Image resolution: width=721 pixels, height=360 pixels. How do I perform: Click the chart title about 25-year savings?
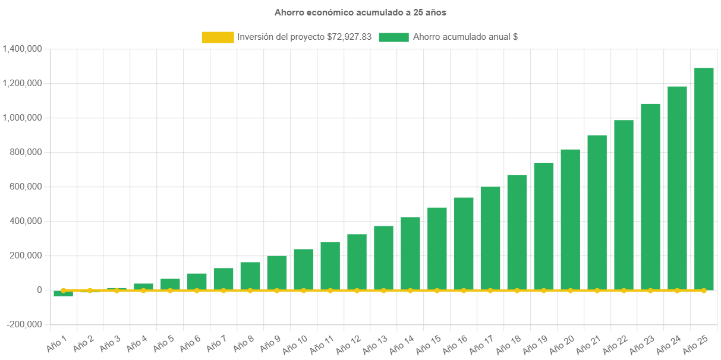(360, 12)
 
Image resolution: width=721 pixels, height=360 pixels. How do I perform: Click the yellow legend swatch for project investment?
(218, 37)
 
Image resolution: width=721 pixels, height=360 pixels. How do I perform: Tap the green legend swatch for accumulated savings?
(393, 37)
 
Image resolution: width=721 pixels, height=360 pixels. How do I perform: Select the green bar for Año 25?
(704, 178)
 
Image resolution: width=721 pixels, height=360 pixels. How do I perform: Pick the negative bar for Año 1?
(63, 293)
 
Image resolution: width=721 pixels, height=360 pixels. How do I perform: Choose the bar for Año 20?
(571, 219)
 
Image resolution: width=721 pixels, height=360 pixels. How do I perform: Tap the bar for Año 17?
(490, 238)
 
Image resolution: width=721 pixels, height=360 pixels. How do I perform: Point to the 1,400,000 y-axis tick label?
(22, 49)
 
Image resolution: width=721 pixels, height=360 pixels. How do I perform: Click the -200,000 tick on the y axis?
(25, 324)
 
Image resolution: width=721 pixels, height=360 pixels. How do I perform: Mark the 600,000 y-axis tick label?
(26, 187)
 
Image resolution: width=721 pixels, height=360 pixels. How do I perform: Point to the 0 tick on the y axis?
(39, 290)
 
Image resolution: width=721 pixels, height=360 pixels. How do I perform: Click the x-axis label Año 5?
(164, 343)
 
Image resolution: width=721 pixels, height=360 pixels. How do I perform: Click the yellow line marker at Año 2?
(90, 290)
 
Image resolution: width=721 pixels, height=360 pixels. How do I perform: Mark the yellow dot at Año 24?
(677, 290)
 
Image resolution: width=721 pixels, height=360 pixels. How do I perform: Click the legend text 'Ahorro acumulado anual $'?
(465, 37)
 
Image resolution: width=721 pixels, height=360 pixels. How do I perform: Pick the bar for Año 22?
(624, 205)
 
